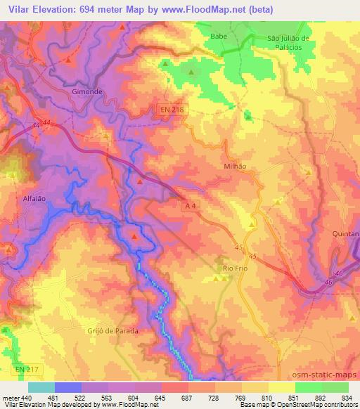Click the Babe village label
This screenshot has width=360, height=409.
click(219, 34)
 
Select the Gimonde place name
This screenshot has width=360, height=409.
click(86, 92)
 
